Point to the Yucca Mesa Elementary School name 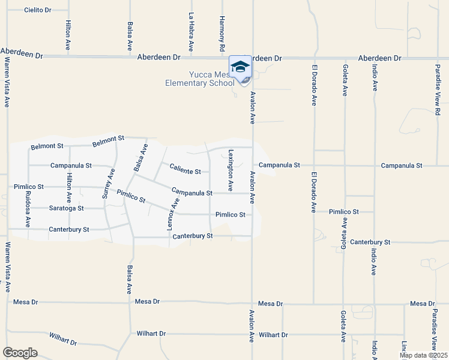click(x=200, y=79)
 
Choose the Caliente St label click(x=185, y=171)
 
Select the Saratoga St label click(x=66, y=208)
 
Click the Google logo click(x=20, y=353)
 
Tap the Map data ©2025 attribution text click(x=423, y=355)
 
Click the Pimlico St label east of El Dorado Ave click(x=343, y=212)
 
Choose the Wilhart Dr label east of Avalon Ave click(x=274, y=334)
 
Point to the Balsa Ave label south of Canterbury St click(x=129, y=280)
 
